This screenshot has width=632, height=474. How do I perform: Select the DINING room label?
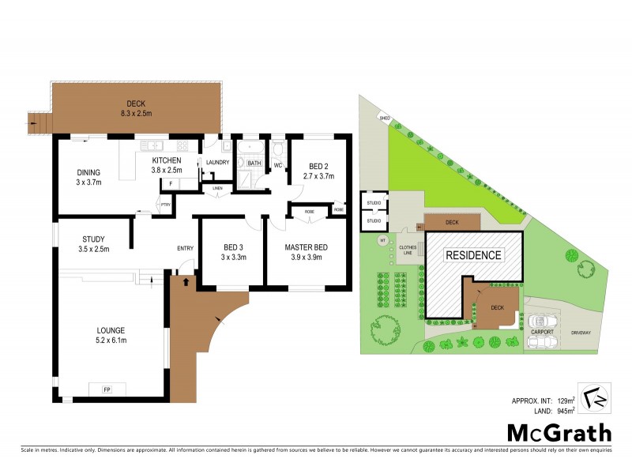pos(88,176)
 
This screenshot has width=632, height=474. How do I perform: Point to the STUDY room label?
pos(93,243)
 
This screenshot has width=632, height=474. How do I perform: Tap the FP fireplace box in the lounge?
pos(106,389)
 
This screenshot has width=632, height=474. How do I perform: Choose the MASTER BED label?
pos(306,252)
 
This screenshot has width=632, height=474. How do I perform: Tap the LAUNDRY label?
pos(217,163)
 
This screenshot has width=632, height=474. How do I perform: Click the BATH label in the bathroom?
pos(254,163)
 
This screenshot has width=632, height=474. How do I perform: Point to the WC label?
pos(278,164)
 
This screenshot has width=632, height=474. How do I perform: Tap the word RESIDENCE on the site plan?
pos(473,255)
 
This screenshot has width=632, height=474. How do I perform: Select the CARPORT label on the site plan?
pos(542,332)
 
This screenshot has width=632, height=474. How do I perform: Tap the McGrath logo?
pos(559,432)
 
